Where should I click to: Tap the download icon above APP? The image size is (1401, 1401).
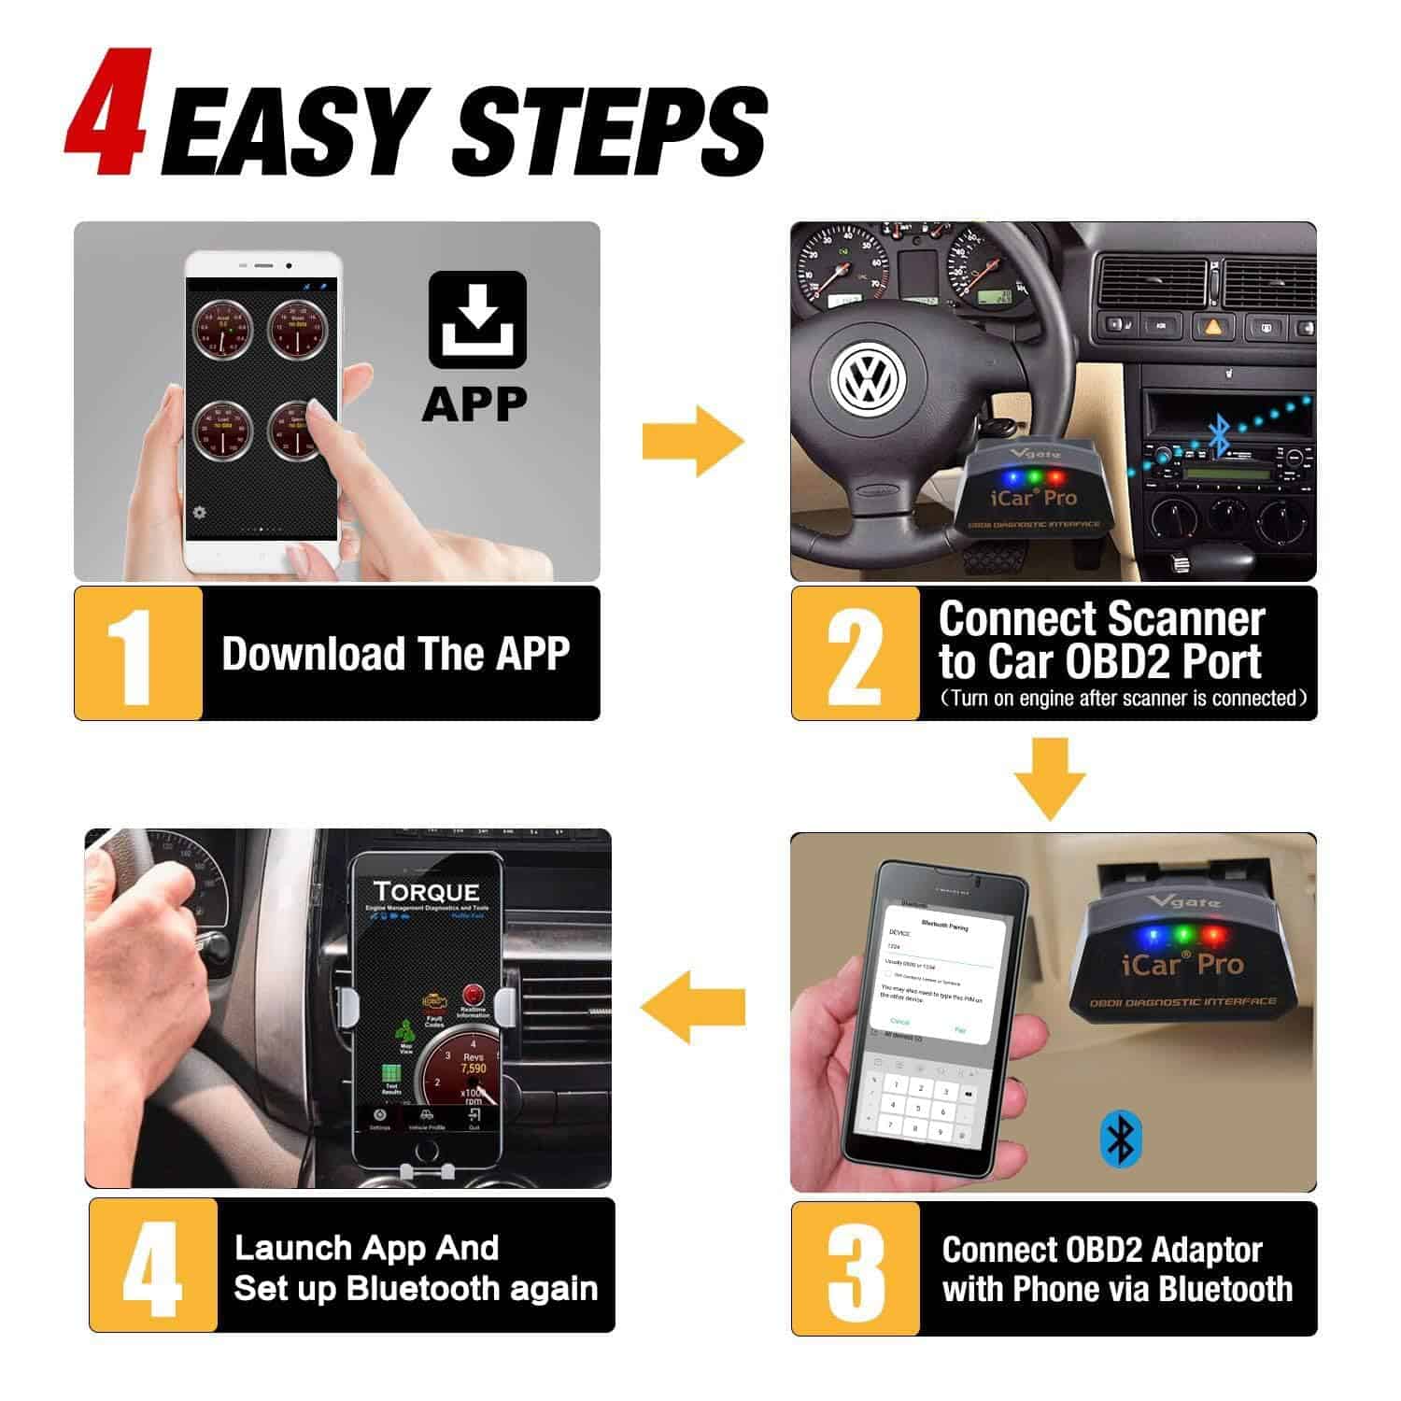tap(477, 319)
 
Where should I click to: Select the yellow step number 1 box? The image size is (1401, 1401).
tap(138, 653)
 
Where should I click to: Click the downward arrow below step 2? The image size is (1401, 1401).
tap(1051, 779)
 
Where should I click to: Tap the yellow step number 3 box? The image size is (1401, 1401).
tap(856, 1268)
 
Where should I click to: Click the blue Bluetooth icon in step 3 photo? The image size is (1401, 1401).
tap(1119, 1139)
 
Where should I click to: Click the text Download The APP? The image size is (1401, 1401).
tap(395, 653)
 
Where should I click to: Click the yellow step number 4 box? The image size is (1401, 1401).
tap(153, 1266)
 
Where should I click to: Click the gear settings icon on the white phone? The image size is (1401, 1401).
tap(199, 512)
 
